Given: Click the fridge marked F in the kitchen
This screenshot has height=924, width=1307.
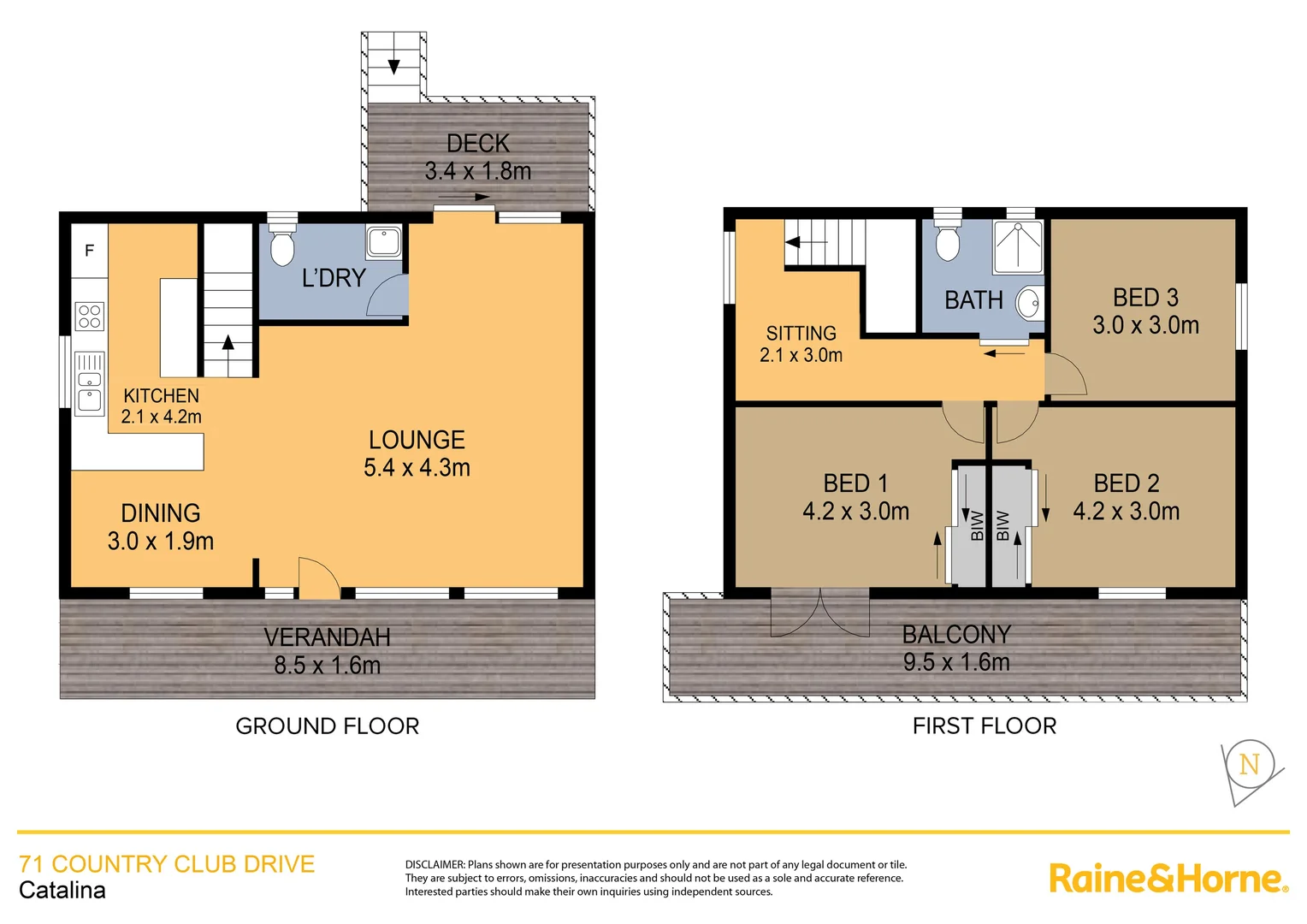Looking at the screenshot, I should coord(89,251).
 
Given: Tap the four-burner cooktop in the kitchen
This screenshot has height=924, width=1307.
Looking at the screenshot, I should coord(90,317).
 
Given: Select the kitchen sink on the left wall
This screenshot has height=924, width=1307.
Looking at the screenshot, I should coord(89,384).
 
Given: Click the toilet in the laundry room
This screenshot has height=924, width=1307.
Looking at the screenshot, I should coord(281,245).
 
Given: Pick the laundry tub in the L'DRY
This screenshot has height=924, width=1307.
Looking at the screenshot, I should coord(384,242).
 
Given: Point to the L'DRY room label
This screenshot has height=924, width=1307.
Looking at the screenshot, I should coord(334,278).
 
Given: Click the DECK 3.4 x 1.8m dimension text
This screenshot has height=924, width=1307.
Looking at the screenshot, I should coord(478,171).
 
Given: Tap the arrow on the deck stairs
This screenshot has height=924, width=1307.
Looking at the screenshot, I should coord(393,65).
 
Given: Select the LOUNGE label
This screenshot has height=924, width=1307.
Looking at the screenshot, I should coord(417,440).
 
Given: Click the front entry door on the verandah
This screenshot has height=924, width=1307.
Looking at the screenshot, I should coord(318,578).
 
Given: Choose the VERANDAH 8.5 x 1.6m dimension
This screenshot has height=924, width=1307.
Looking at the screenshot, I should coord(327,665).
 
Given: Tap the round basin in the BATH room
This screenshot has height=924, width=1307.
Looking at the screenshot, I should coord(1030,303).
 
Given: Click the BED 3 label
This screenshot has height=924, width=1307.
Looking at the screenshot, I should coord(1145,298).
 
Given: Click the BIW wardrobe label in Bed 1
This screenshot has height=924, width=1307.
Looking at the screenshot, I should coord(977,525).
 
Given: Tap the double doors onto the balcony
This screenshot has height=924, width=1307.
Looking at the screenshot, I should coord(820,612).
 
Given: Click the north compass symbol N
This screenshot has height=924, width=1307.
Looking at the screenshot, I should coord(1249,764).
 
